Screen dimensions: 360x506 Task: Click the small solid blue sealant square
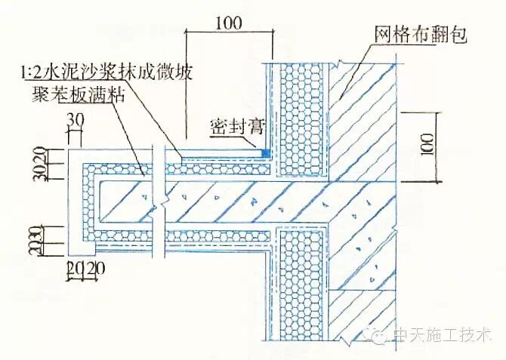265,153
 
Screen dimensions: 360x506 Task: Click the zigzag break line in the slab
157,199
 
